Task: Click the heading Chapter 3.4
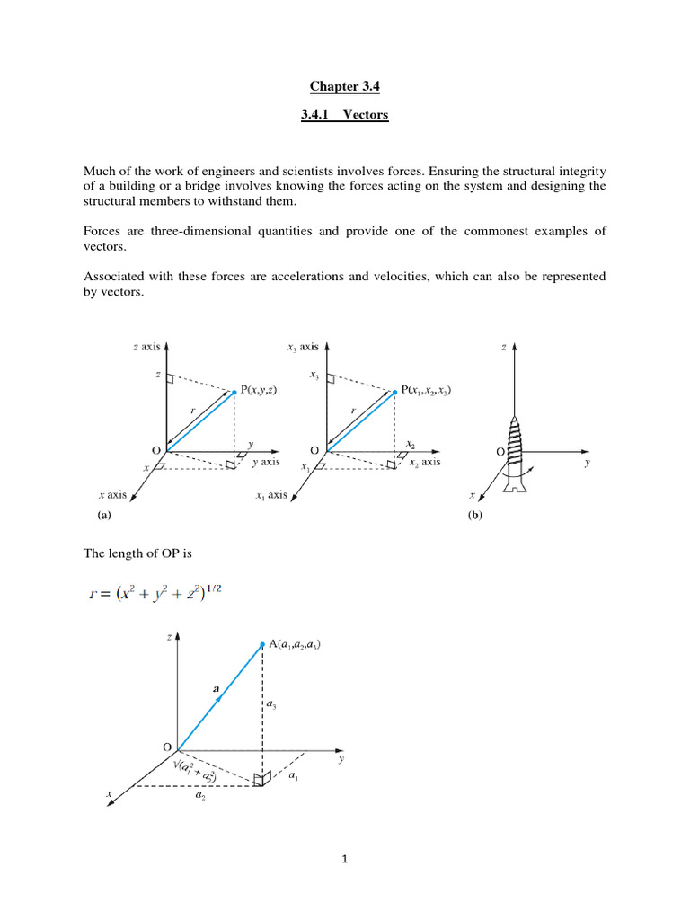click(x=344, y=86)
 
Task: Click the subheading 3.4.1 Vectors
click(x=344, y=115)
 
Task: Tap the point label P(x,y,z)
click(x=266, y=391)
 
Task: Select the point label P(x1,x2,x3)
click(x=426, y=391)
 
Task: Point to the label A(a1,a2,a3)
click(x=295, y=644)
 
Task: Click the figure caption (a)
click(x=103, y=517)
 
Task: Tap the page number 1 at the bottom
click(x=344, y=860)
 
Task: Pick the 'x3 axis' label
click(x=303, y=346)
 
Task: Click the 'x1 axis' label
click(x=271, y=495)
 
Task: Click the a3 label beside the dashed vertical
click(x=271, y=707)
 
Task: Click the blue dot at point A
click(x=261, y=644)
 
